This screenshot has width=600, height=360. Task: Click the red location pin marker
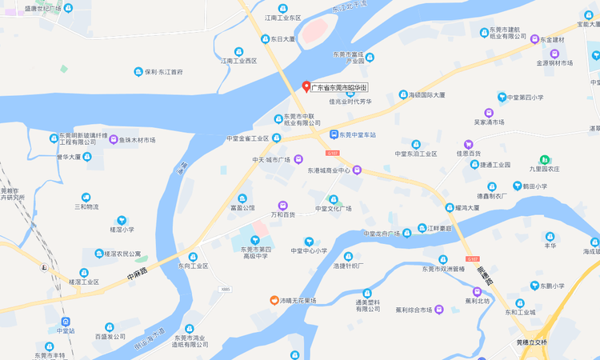(x=306, y=86)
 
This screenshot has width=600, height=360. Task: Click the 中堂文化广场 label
(x=333, y=209)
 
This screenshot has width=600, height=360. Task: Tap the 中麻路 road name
(x=138, y=275)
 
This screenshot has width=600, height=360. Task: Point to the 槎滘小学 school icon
(x=122, y=220)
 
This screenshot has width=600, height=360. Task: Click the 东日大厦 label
(x=282, y=38)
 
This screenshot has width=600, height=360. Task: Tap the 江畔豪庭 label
(x=439, y=230)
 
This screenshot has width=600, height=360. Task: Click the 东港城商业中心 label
(x=329, y=170)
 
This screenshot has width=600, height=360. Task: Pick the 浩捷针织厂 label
(x=348, y=266)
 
